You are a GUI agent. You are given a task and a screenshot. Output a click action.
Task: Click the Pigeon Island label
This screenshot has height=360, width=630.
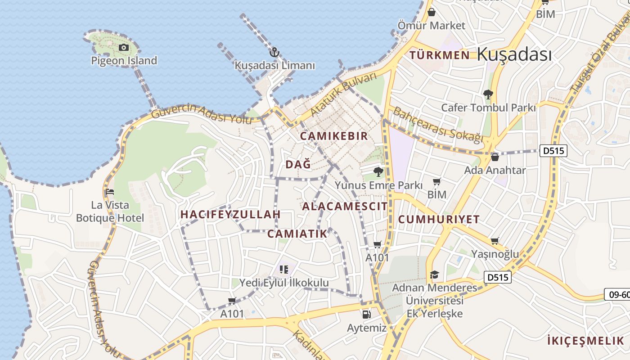point(124,60)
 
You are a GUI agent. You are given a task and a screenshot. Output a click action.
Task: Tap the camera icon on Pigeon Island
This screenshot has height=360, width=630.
point(123,47)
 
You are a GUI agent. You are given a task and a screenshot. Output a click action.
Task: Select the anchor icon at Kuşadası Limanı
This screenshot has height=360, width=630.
point(274,52)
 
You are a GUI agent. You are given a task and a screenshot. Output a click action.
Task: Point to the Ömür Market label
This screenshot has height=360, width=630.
point(431,26)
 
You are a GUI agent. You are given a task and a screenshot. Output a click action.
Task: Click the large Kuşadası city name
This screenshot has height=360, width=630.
point(514,54)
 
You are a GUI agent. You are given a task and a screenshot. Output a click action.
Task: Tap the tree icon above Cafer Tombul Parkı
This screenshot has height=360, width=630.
point(488,94)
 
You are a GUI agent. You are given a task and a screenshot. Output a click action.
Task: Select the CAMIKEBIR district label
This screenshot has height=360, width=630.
point(334,136)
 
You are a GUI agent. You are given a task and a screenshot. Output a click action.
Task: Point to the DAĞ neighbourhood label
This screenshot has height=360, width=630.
point(298,165)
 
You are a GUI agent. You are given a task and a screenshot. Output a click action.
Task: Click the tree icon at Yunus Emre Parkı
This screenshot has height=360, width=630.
point(378,171)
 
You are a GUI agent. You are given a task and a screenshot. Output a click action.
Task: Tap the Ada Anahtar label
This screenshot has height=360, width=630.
point(495,171)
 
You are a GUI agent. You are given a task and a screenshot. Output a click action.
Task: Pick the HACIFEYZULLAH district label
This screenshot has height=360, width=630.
point(230,215)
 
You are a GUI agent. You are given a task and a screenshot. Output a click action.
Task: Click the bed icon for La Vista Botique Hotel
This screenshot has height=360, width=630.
point(109,192)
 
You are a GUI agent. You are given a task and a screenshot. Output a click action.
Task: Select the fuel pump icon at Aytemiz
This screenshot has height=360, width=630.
point(366,315)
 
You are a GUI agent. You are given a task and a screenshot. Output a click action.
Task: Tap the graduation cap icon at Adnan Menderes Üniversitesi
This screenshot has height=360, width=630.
point(434,274)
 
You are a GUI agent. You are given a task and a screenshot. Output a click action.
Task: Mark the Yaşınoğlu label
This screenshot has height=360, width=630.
point(495,254)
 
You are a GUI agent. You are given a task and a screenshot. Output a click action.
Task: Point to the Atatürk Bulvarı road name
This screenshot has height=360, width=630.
point(343,94)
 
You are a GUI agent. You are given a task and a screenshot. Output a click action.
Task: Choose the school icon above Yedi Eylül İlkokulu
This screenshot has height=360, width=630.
point(283,270)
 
